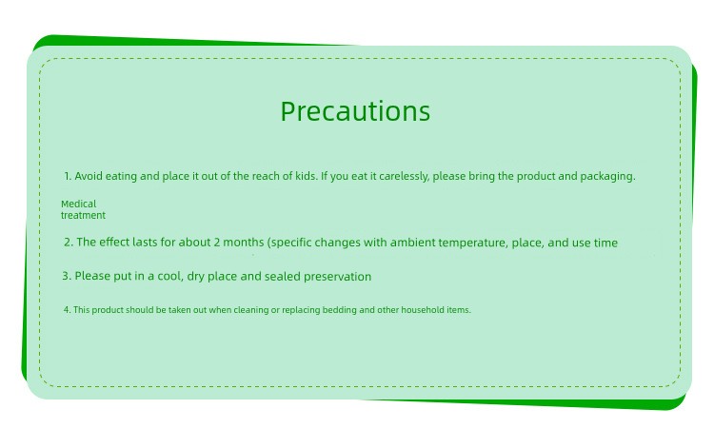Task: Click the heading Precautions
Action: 355,111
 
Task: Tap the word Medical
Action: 79,204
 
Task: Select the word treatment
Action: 84,215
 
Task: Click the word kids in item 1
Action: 306,176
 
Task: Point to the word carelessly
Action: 404,177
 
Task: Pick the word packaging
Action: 607,177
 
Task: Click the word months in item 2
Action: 243,242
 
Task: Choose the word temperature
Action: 473,243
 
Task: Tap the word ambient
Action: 412,243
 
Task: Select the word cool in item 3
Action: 170,276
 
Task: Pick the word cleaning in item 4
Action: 251,310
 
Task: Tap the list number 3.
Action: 67,276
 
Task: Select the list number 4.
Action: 67,310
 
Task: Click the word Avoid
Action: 89,176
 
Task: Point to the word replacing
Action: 301,310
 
